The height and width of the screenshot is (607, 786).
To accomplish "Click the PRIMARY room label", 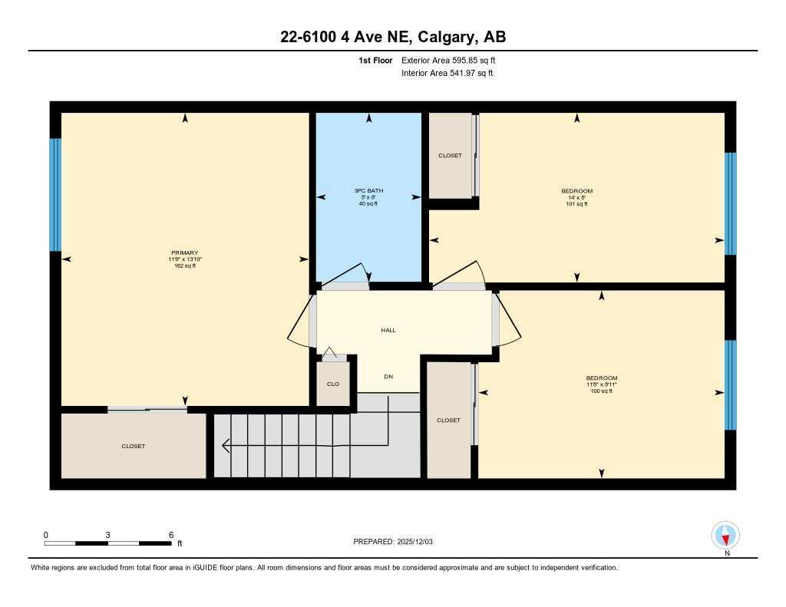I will point(184,253).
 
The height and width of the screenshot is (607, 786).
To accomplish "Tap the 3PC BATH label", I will point(368,190).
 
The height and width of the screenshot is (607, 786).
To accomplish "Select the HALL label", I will point(388,330).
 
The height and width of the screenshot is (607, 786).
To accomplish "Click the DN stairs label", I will point(388,377).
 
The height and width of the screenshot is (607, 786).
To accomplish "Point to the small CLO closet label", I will point(332,384).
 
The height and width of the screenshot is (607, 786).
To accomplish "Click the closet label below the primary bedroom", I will point(133,446).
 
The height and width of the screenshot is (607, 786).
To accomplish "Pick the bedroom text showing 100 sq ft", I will point(601,391).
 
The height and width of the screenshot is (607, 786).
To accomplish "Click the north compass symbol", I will point(725,535).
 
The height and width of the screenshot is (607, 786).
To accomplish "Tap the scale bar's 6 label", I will point(170,535).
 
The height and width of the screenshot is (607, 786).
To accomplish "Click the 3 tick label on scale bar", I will point(108,535).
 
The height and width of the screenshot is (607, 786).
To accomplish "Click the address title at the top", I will point(392,37).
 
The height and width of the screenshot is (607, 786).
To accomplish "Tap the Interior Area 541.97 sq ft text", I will point(447,74).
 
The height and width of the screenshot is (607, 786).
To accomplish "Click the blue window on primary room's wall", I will point(54,195).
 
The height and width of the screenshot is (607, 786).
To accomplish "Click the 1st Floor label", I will point(376,60).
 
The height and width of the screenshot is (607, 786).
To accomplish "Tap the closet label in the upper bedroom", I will point(450,156).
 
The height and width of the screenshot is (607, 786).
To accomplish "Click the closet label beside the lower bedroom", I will point(448,421).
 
